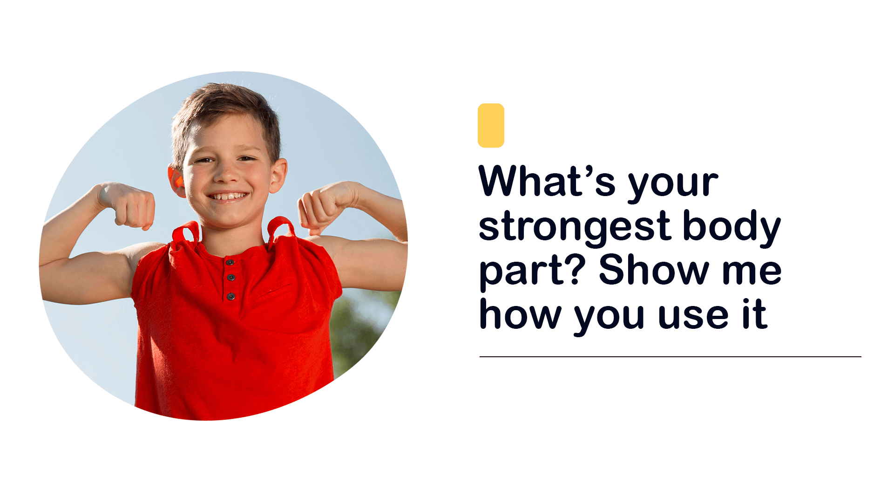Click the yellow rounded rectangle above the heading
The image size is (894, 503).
coord(491,125)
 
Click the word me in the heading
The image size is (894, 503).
coord(752,272)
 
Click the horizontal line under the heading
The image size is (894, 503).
coord(670,357)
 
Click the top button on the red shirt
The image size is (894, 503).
coord(230,263)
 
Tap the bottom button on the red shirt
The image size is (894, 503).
coord(230,296)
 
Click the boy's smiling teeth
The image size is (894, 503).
coord(228,197)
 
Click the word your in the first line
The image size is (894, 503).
coord(673,184)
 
